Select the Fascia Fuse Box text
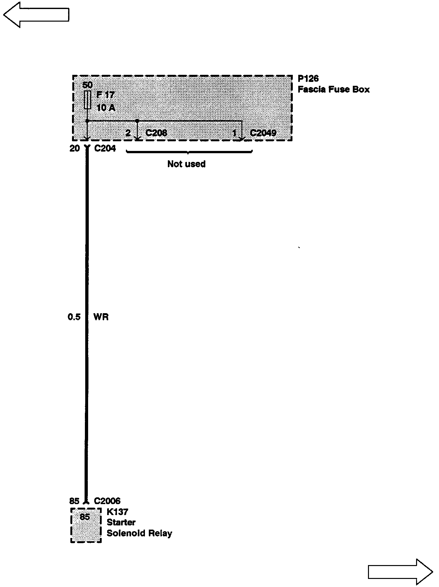(x=333, y=89)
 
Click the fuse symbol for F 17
(x=87, y=100)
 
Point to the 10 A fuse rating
(x=106, y=108)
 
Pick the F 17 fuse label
(x=106, y=95)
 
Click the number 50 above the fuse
(x=87, y=85)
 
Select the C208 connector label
(x=156, y=133)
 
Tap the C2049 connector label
(x=263, y=133)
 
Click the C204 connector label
(x=105, y=148)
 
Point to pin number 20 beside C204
(x=75, y=148)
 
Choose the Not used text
(x=186, y=164)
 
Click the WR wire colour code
(x=101, y=317)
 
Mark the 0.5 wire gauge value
(x=74, y=317)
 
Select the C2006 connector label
(x=107, y=501)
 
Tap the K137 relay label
(x=117, y=512)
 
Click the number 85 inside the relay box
(x=85, y=517)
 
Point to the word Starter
(x=121, y=522)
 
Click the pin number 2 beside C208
(x=128, y=133)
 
